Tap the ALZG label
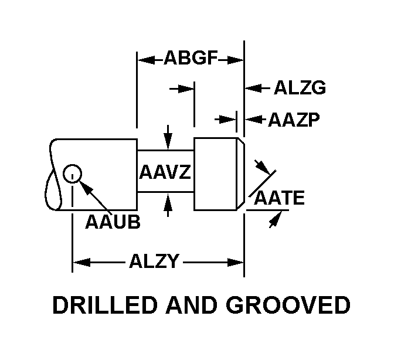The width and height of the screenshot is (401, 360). (300, 89)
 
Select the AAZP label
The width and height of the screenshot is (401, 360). (294, 120)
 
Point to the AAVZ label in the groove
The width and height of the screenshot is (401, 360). (165, 173)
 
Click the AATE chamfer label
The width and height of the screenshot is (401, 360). (279, 198)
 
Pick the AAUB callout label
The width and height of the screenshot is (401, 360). (113, 222)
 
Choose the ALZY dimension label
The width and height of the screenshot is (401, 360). (154, 261)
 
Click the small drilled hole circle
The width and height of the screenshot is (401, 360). (72, 174)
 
